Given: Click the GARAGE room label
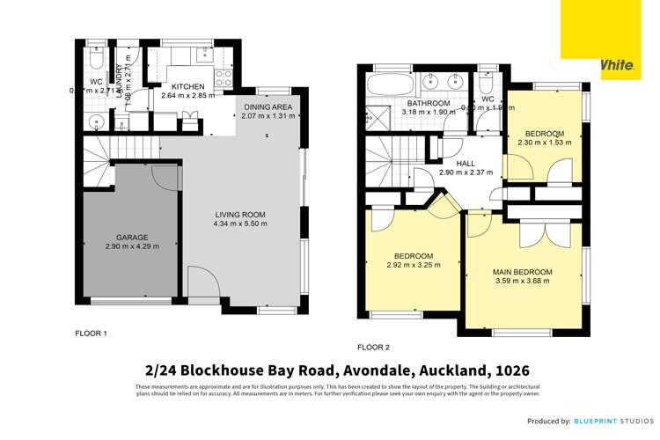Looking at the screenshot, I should click(x=132, y=237).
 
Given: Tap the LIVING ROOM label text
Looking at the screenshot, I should click(x=239, y=215).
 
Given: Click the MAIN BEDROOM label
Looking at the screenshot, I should click(x=522, y=272).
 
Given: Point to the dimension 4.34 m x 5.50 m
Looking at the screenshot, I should click(x=239, y=224).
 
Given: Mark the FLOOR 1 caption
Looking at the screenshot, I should click(x=90, y=334).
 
